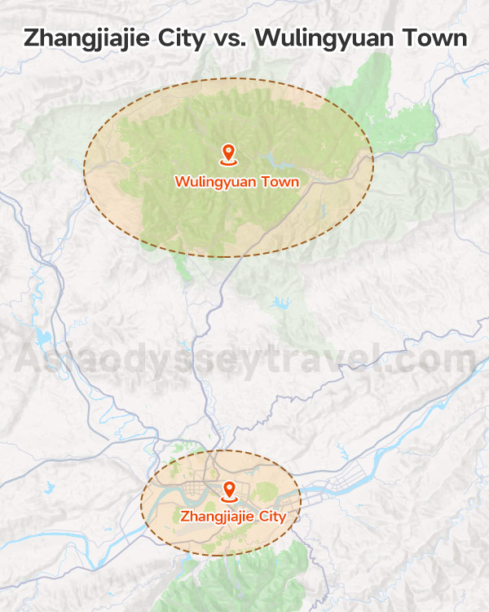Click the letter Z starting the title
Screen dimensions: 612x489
(30, 38)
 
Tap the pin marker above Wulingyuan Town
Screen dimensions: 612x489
(228, 153)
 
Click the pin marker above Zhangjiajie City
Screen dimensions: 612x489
(229, 490)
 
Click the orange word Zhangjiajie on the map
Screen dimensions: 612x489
(217, 517)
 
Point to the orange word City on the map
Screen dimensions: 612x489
(272, 517)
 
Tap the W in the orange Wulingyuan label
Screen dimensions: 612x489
(181, 182)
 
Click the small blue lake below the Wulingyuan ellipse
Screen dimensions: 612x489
(281, 305)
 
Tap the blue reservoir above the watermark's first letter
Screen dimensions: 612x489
(38, 335)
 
